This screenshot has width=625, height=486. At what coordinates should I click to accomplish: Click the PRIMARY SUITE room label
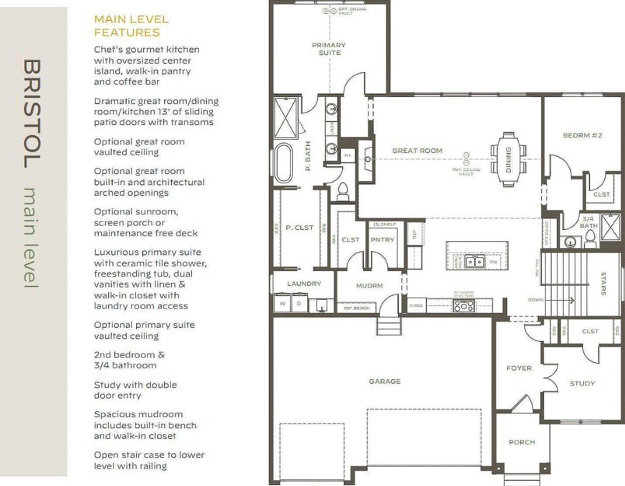tap(329, 49)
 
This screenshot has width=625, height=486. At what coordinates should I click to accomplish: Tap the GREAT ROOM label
tap(417, 151)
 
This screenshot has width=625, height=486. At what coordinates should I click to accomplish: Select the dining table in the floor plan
tap(508, 160)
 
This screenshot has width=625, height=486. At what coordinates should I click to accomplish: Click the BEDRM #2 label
tap(582, 135)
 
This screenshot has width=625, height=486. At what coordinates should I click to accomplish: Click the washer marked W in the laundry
tap(282, 303)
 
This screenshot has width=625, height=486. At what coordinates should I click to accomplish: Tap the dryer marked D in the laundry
tap(299, 303)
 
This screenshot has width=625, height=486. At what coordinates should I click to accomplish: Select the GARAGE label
tap(385, 382)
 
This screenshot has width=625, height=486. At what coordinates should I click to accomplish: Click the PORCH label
tap(522, 442)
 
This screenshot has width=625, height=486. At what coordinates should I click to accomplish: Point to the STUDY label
tap(582, 383)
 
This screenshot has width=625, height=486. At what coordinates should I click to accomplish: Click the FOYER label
tap(519, 368)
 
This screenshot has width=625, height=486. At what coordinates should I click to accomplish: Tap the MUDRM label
tap(369, 286)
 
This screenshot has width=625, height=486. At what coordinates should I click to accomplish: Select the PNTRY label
tap(382, 240)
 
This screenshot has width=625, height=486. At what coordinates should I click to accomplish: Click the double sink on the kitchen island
tap(474, 261)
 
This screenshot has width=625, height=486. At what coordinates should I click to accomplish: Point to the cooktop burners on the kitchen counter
tap(464, 306)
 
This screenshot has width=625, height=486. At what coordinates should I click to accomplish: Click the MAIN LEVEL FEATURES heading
tap(131, 26)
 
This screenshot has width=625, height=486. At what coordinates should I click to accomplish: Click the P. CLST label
tap(299, 228)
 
